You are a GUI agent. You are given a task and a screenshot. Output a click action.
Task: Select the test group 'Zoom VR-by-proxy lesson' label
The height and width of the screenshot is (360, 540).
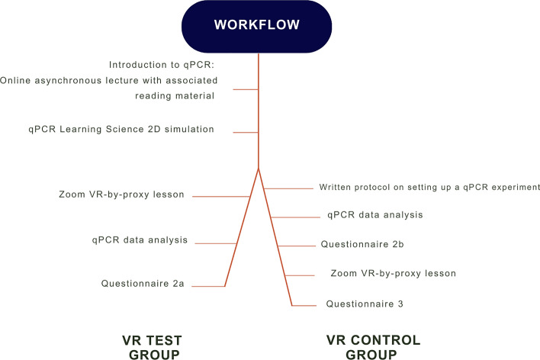click(121, 194)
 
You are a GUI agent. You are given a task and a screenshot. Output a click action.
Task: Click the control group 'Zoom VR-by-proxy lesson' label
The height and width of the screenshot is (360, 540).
click(394, 273)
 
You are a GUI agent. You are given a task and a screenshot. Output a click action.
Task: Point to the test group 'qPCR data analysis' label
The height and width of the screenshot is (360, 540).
click(139, 239)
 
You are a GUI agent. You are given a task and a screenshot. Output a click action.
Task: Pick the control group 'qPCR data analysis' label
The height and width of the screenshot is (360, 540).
click(374, 215)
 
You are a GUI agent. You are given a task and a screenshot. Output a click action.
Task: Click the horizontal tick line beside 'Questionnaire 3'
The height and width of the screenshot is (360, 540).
click(304, 306)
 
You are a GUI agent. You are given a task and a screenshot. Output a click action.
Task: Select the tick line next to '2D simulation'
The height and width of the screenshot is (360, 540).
click(246, 133)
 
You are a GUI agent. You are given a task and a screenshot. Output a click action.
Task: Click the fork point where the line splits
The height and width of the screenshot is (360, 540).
click(259, 167)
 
